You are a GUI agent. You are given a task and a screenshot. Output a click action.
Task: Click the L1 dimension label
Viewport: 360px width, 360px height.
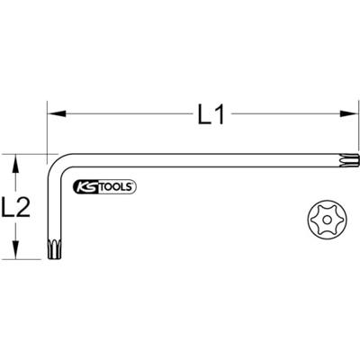point(211,115)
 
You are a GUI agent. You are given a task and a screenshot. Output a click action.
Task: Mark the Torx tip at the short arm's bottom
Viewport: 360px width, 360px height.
point(54,247)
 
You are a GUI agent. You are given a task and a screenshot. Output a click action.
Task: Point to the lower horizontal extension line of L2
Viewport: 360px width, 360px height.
point(27,259)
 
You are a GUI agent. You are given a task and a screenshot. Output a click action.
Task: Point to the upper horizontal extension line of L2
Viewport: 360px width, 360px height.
point(27,154)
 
